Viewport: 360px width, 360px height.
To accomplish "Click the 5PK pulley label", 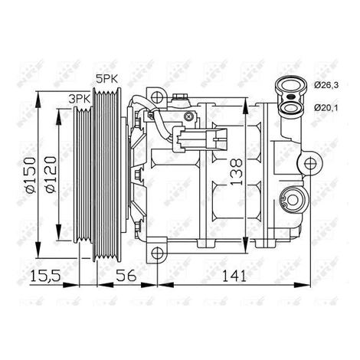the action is pos(106,79).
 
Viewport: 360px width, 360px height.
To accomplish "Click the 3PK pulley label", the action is pos(80,99).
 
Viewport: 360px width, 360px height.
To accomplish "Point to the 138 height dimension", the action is pos(236,172).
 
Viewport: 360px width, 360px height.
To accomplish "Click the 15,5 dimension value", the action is pos(45,276).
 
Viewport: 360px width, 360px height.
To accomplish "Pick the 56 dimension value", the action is pos(126,276).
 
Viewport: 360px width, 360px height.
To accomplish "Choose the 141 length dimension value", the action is pos(234,276).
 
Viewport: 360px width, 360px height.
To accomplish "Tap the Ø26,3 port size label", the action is pos(326,85).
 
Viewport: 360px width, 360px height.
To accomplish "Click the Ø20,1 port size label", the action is pos(326,108).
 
